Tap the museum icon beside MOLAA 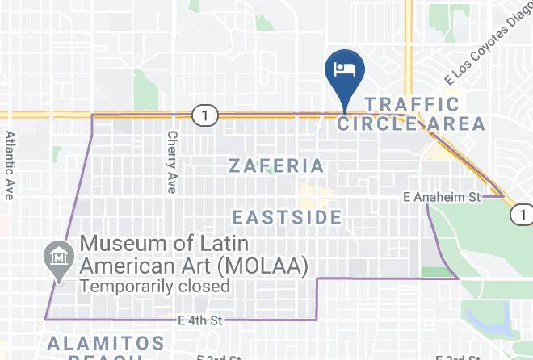[x=58, y=257]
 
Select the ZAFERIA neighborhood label [x=276, y=166]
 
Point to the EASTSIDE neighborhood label [x=287, y=217]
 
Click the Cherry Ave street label [x=171, y=162]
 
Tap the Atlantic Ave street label [x=10, y=165]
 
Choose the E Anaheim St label [x=442, y=196]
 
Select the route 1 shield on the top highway [x=205, y=116]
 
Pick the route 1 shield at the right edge [x=523, y=215]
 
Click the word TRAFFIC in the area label [x=412, y=104]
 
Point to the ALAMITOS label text [x=105, y=343]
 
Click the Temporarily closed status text [x=155, y=286]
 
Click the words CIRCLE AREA [x=411, y=123]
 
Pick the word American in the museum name [x=130, y=265]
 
